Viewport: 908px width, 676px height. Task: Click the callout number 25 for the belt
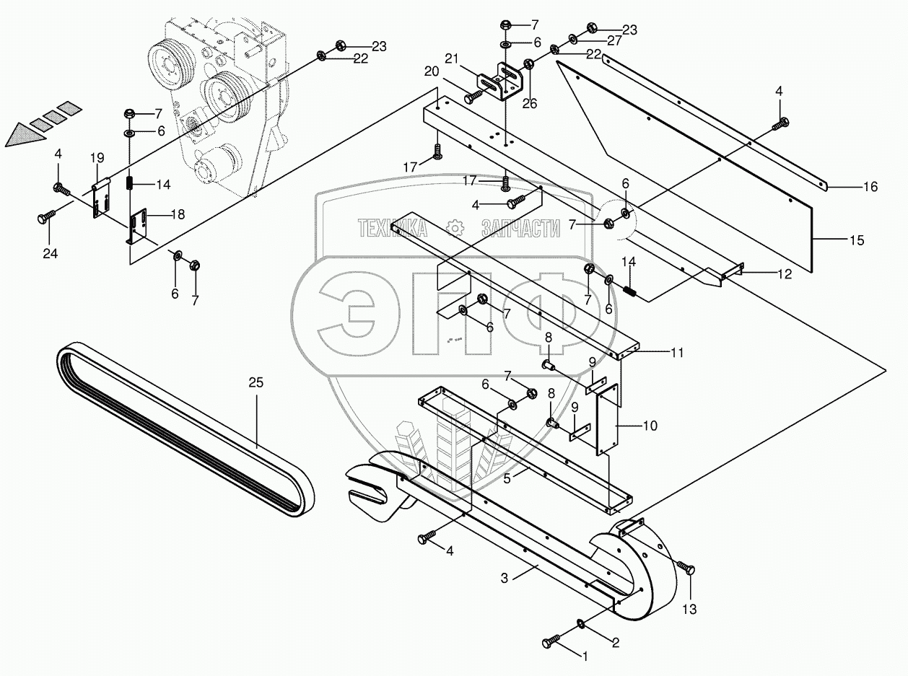[x=256, y=382]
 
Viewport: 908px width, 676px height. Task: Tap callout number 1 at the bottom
[x=585, y=657]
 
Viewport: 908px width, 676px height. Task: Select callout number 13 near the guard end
[x=689, y=610]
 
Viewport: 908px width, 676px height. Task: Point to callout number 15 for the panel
[x=857, y=240]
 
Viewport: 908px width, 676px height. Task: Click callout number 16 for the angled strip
[x=870, y=187]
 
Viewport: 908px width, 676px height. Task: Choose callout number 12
[x=764, y=273]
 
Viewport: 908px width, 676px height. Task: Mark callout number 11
[x=676, y=353]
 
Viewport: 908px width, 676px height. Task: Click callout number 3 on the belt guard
[x=505, y=577]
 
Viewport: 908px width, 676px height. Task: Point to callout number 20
[x=432, y=71]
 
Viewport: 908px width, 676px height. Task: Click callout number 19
[x=97, y=157]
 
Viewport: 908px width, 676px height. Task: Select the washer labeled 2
[x=581, y=623]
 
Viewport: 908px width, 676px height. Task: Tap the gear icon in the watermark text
[x=455, y=228]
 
